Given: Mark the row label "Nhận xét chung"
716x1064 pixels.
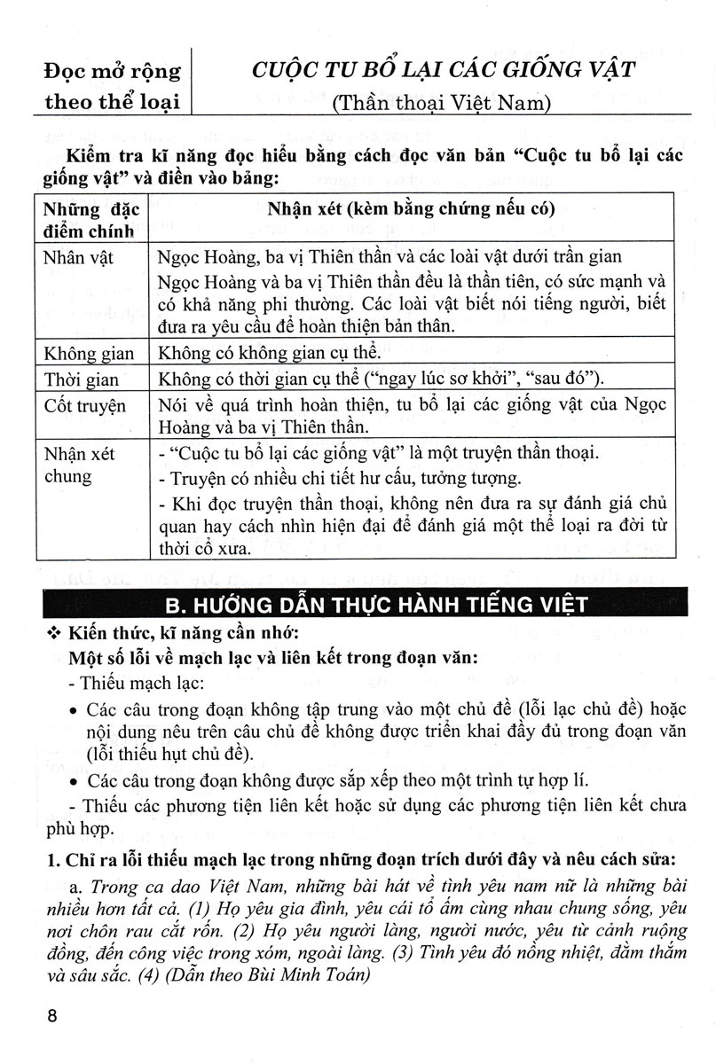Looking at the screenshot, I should tap(80, 465).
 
